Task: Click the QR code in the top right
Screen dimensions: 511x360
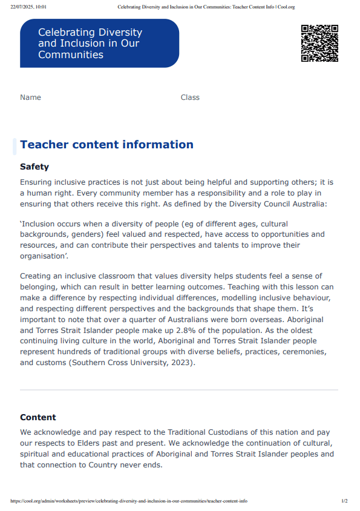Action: (319, 44)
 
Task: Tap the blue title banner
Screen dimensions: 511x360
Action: (100, 44)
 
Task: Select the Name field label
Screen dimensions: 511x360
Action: (30, 97)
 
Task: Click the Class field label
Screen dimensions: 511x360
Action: (190, 97)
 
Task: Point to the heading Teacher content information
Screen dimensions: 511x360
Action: (106, 145)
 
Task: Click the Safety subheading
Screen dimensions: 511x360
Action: (34, 166)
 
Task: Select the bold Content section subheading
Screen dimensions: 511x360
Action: (38, 417)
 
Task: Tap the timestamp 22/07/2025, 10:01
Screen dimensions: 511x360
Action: (28, 7)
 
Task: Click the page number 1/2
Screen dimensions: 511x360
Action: (344, 501)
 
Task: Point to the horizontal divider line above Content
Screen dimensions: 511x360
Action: (179, 390)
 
